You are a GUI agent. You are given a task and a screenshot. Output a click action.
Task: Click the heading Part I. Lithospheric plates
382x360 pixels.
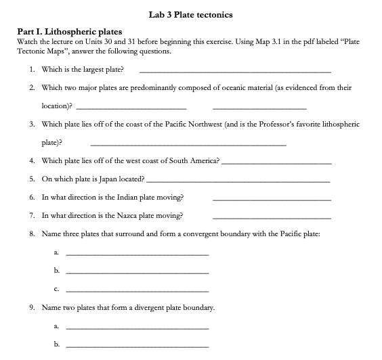(x=68, y=32)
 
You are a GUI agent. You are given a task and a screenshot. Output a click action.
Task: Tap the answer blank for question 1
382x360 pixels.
(x=235, y=72)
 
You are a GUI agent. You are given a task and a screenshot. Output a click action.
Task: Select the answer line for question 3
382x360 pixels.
(x=188, y=145)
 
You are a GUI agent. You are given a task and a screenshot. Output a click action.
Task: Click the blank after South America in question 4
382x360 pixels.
(x=276, y=163)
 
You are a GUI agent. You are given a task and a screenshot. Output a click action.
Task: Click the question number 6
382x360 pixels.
(x=33, y=198)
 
